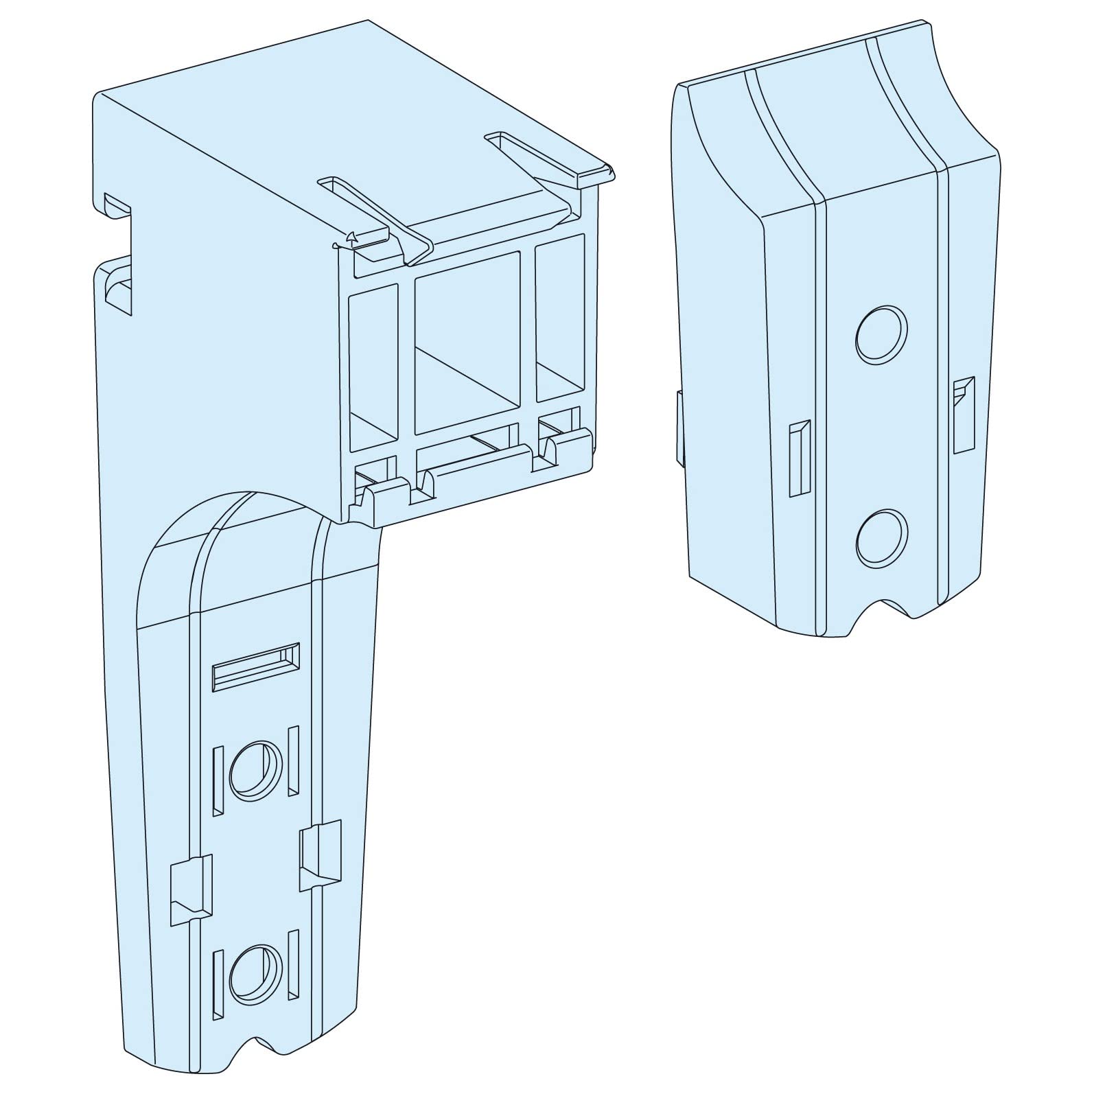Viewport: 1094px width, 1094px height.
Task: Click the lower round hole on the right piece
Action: pyautogui.click(x=882, y=538)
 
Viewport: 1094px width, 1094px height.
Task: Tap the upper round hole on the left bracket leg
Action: pyautogui.click(x=255, y=769)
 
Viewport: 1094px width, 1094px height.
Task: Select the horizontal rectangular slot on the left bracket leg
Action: pyautogui.click(x=256, y=666)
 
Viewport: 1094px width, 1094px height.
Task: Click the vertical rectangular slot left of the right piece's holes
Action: pyautogui.click(x=800, y=458)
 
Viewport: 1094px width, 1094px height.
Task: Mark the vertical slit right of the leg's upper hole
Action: pyautogui.click(x=293, y=762)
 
